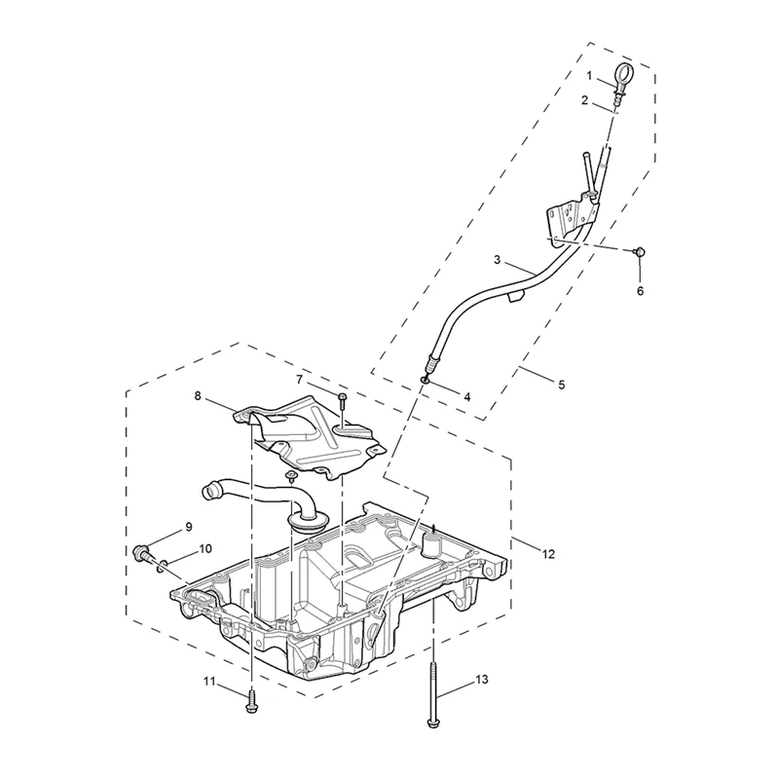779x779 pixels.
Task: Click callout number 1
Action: (590, 75)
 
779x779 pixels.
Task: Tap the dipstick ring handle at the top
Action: (622, 74)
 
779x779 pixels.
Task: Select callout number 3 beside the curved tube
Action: (497, 260)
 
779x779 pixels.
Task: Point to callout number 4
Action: (466, 396)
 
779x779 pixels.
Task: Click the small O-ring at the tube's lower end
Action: (427, 380)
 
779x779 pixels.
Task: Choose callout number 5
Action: (560, 384)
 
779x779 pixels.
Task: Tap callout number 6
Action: (640, 290)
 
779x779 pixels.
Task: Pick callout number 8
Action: (198, 396)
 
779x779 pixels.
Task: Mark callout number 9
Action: (189, 528)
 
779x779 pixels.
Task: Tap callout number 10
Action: (205, 549)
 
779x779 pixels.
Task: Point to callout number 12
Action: (548, 554)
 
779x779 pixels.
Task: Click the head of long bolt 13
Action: (431, 721)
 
